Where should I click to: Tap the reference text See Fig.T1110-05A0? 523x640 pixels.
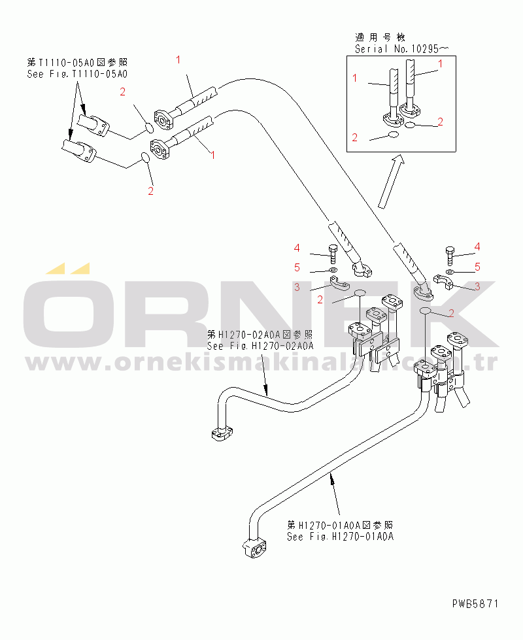[77, 75]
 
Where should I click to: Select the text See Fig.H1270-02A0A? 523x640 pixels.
[260, 346]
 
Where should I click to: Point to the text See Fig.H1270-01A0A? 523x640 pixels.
[340, 537]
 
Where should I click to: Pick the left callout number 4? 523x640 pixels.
[297, 248]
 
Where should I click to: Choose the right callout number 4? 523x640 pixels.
[477, 246]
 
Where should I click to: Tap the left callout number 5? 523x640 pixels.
[297, 267]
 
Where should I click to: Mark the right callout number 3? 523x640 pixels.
[477, 286]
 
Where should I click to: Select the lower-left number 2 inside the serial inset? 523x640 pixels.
[355, 137]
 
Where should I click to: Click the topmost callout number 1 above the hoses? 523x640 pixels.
[178, 60]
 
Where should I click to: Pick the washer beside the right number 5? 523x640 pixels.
[451, 271]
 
